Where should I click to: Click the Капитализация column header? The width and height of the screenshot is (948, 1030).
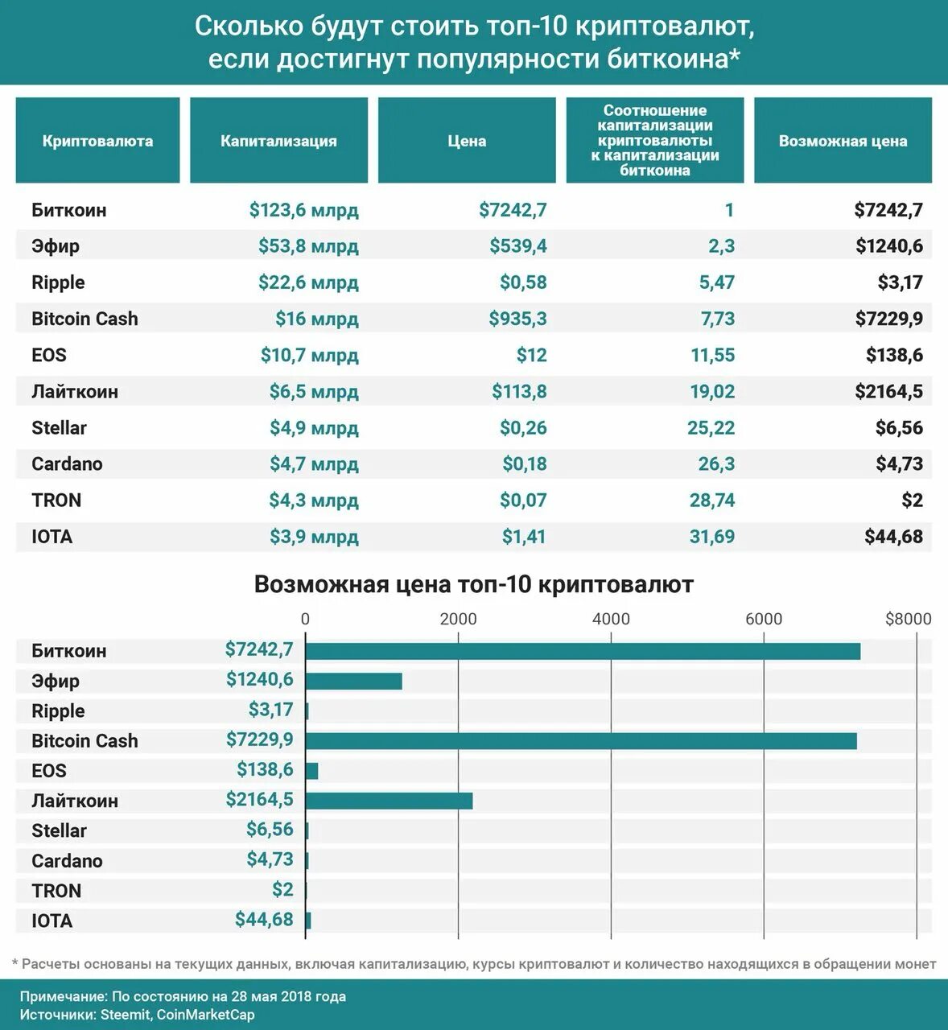coord(278,141)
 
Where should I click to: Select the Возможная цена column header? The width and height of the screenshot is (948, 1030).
coord(843,141)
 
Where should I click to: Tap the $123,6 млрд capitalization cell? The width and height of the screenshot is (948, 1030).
coord(303,210)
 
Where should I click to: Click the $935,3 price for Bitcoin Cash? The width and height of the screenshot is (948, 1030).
coord(517,319)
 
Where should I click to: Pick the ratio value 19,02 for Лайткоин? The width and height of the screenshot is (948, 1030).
coord(712,392)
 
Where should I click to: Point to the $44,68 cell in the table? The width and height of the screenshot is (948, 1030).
coord(893,537)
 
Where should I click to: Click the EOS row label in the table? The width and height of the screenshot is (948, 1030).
coord(49,355)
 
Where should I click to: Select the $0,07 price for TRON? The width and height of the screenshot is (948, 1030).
coord(522,501)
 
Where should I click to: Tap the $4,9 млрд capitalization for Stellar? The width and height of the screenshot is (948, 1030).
coord(314,428)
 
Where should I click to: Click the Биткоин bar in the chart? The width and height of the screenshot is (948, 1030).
coord(583,651)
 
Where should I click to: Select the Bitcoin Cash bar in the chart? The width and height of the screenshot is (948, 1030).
coord(581,741)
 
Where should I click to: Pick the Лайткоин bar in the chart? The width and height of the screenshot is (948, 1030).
coord(389,801)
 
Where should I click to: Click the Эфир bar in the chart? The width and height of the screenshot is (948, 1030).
coord(353,681)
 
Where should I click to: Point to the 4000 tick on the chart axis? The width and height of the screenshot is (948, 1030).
coord(611,619)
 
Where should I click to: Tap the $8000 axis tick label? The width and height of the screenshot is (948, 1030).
coord(908,619)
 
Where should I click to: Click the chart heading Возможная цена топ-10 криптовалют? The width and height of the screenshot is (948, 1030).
coord(473,584)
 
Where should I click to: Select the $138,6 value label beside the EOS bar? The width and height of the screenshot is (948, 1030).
coord(265,769)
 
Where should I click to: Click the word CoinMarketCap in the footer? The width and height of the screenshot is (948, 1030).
coord(205,1015)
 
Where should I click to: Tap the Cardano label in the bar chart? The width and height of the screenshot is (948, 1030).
coord(67,861)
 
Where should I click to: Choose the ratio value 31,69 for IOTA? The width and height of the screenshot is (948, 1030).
coord(712,537)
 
